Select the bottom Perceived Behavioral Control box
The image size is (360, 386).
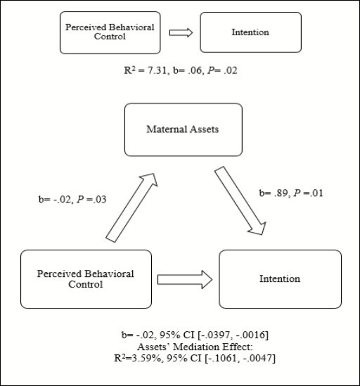(86, 279)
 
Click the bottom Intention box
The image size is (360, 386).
(281, 279)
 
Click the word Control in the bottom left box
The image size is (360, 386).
(85, 285)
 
